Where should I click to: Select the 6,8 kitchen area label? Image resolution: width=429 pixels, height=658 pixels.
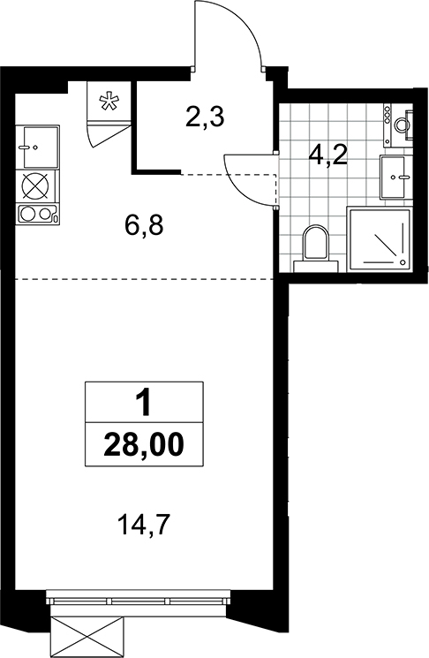pos(144,225)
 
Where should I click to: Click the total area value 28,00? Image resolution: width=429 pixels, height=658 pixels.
pos(144,444)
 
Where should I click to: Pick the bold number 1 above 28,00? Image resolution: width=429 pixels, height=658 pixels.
pos(144,402)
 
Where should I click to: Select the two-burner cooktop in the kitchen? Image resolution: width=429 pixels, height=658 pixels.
pos(37,214)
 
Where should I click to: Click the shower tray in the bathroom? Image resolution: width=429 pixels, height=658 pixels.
pos(379,238)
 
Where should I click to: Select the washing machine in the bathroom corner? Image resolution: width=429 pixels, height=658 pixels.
pos(398,125)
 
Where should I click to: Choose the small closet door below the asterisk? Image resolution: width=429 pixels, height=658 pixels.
pos(108,133)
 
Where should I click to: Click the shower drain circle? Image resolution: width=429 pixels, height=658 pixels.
pos(403,262)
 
